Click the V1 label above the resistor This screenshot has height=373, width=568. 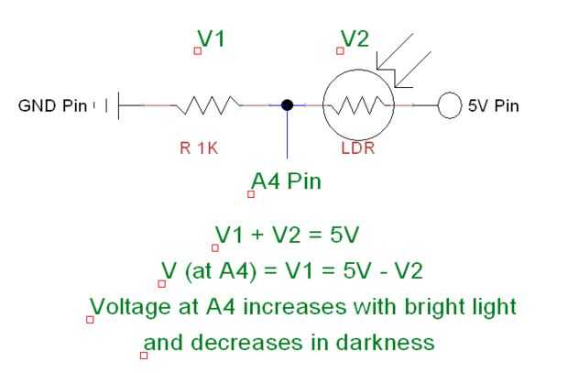[x=212, y=38]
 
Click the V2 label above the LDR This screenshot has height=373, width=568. [x=355, y=38]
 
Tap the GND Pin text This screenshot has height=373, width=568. [x=52, y=105]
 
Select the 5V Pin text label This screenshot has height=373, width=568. [x=493, y=105]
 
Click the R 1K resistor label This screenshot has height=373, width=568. [x=198, y=148]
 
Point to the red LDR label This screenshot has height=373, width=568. [x=357, y=148]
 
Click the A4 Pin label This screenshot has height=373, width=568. [x=287, y=181]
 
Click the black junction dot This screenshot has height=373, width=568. [x=287, y=105]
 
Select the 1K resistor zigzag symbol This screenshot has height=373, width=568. [x=206, y=105]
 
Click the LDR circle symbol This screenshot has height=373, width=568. [x=357, y=105]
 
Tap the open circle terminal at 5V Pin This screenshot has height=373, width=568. [x=449, y=105]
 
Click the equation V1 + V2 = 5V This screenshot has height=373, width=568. [x=288, y=235]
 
